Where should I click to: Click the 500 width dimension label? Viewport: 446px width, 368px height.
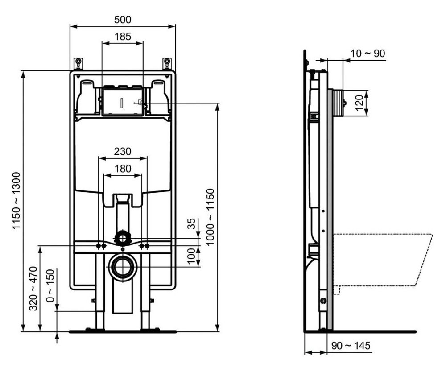[x=123, y=20]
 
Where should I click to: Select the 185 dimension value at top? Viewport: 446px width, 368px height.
[x=123, y=37]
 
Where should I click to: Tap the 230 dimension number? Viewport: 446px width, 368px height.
[x=123, y=152]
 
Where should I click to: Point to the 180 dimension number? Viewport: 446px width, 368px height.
[x=123, y=169]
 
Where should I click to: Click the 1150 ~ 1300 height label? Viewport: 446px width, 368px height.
[x=16, y=200]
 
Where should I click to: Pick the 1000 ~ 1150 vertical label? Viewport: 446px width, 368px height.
[x=210, y=217]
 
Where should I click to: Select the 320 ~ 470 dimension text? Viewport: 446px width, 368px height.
[x=33, y=288]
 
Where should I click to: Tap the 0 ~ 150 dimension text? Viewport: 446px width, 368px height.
[x=50, y=285]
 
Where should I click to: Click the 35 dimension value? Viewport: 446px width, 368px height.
[x=192, y=223]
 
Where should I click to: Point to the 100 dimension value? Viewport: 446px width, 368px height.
[x=192, y=256]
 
